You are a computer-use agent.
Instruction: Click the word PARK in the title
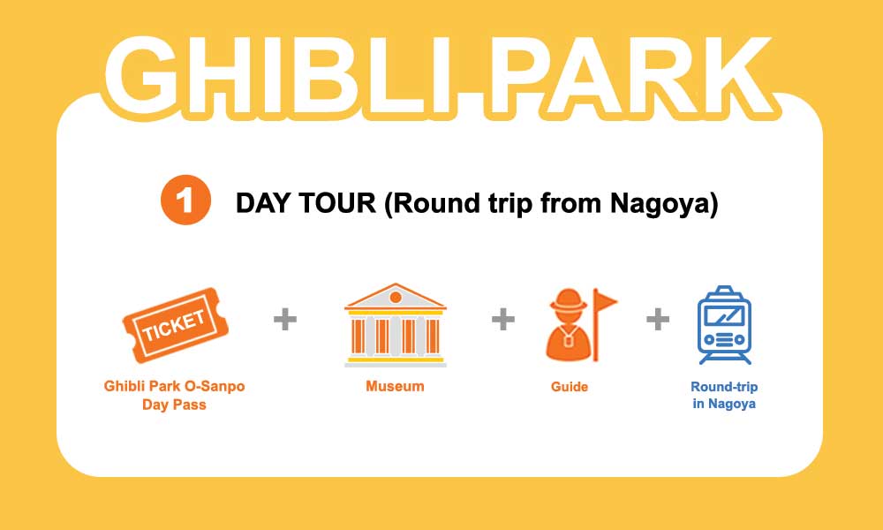[x=627, y=77]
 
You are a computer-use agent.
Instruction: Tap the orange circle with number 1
[x=185, y=201]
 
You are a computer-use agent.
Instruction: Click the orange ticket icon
[x=176, y=325]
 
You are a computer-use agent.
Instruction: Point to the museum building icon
[x=396, y=325]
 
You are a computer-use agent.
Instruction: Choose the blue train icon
[x=724, y=325]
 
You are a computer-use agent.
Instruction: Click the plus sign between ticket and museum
[x=285, y=320]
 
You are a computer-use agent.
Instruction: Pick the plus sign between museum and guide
[x=503, y=320]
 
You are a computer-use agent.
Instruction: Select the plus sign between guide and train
[x=658, y=320]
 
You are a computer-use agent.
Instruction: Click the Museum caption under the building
[x=395, y=386]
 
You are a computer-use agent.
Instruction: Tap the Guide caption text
[x=570, y=386]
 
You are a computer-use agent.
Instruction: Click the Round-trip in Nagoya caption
[x=724, y=396]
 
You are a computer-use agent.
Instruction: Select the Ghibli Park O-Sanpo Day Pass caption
[x=175, y=396]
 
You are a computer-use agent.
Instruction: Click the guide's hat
[x=568, y=300]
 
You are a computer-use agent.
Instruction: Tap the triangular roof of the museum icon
[x=396, y=296]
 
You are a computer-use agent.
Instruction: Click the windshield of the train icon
[x=724, y=316]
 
